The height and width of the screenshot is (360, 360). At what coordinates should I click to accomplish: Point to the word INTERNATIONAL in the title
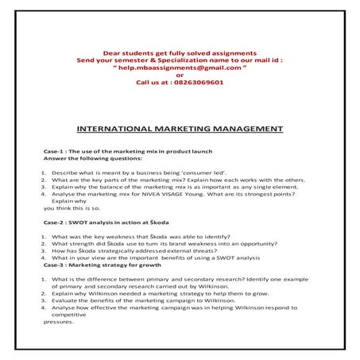coord(114,127)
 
